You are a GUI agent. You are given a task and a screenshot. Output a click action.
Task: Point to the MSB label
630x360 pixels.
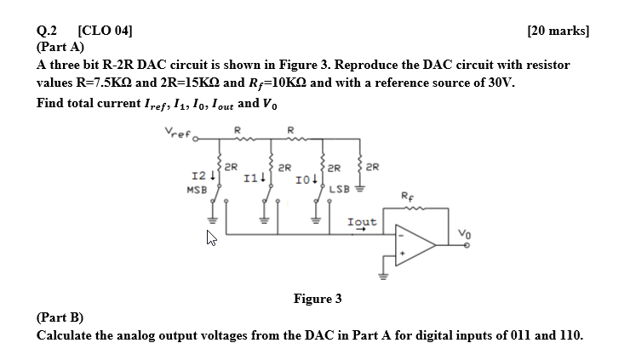(195, 189)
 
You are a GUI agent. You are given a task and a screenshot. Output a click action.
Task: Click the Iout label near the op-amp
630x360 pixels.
(363, 221)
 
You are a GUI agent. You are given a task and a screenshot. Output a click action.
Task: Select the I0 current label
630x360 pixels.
(303, 180)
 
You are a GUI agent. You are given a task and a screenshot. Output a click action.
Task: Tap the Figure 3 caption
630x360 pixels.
(318, 298)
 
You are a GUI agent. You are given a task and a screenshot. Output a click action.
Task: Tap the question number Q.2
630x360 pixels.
(49, 31)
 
